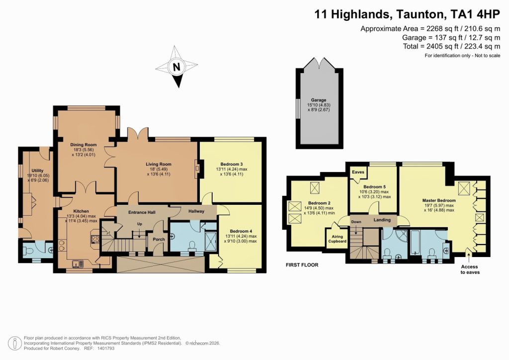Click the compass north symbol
pos(175,67)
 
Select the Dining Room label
pos(83,145)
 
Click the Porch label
pos(159,239)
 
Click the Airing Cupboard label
pos(337,238)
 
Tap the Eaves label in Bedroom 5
pos(357,173)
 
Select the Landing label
pos(383,220)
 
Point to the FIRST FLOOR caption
pos(302,265)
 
